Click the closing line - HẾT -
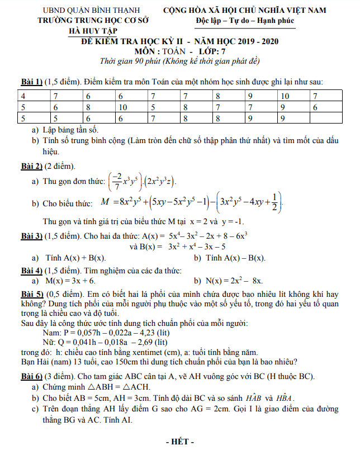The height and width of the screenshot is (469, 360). (180, 443)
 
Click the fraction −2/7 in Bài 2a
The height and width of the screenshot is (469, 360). (117, 181)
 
